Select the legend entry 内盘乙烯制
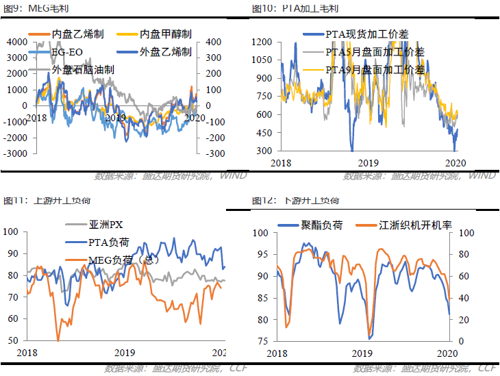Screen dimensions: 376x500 77,34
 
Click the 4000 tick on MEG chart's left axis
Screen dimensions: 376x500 13,42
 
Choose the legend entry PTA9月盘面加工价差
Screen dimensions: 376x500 374,69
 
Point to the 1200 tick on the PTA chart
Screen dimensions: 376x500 262,42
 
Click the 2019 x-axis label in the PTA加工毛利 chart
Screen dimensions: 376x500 368,162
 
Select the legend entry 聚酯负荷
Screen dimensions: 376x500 321,225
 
